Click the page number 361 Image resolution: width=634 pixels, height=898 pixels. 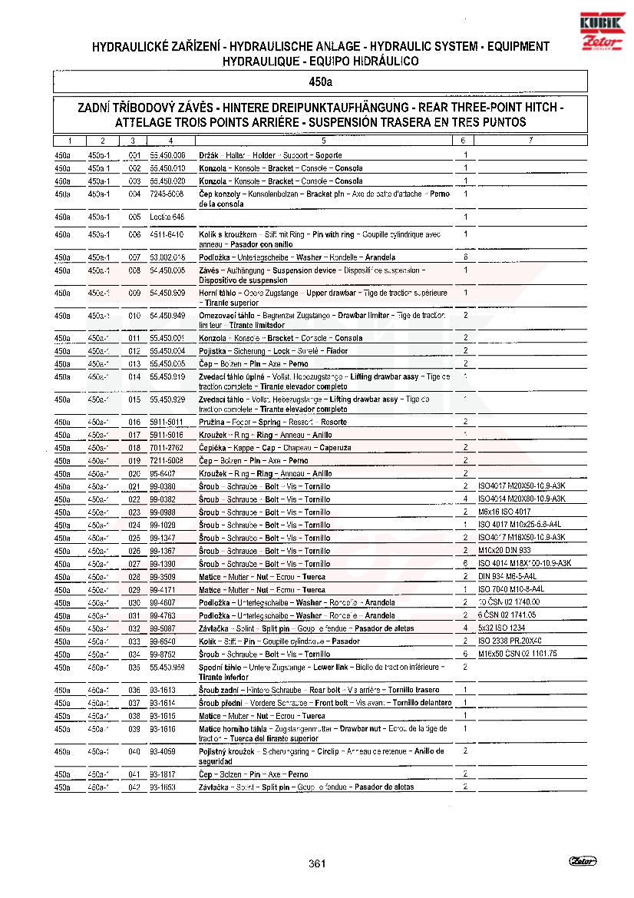[318, 863]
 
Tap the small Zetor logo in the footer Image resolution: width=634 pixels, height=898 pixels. [583, 861]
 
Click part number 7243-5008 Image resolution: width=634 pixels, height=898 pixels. [167, 194]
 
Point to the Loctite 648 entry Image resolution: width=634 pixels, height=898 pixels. [167, 217]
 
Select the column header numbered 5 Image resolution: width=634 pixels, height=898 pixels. [323, 141]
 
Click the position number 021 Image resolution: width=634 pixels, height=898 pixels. [134, 486]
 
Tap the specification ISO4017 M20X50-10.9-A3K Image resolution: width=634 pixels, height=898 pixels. [521, 486]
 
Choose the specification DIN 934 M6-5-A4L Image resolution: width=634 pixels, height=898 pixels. [507, 576]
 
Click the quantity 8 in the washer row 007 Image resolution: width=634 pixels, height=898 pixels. [466, 257]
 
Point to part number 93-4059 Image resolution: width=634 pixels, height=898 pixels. [163, 751]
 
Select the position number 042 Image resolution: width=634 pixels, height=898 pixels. [134, 787]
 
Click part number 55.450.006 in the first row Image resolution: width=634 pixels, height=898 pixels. [167, 155]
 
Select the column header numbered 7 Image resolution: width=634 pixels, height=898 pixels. [530, 141]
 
